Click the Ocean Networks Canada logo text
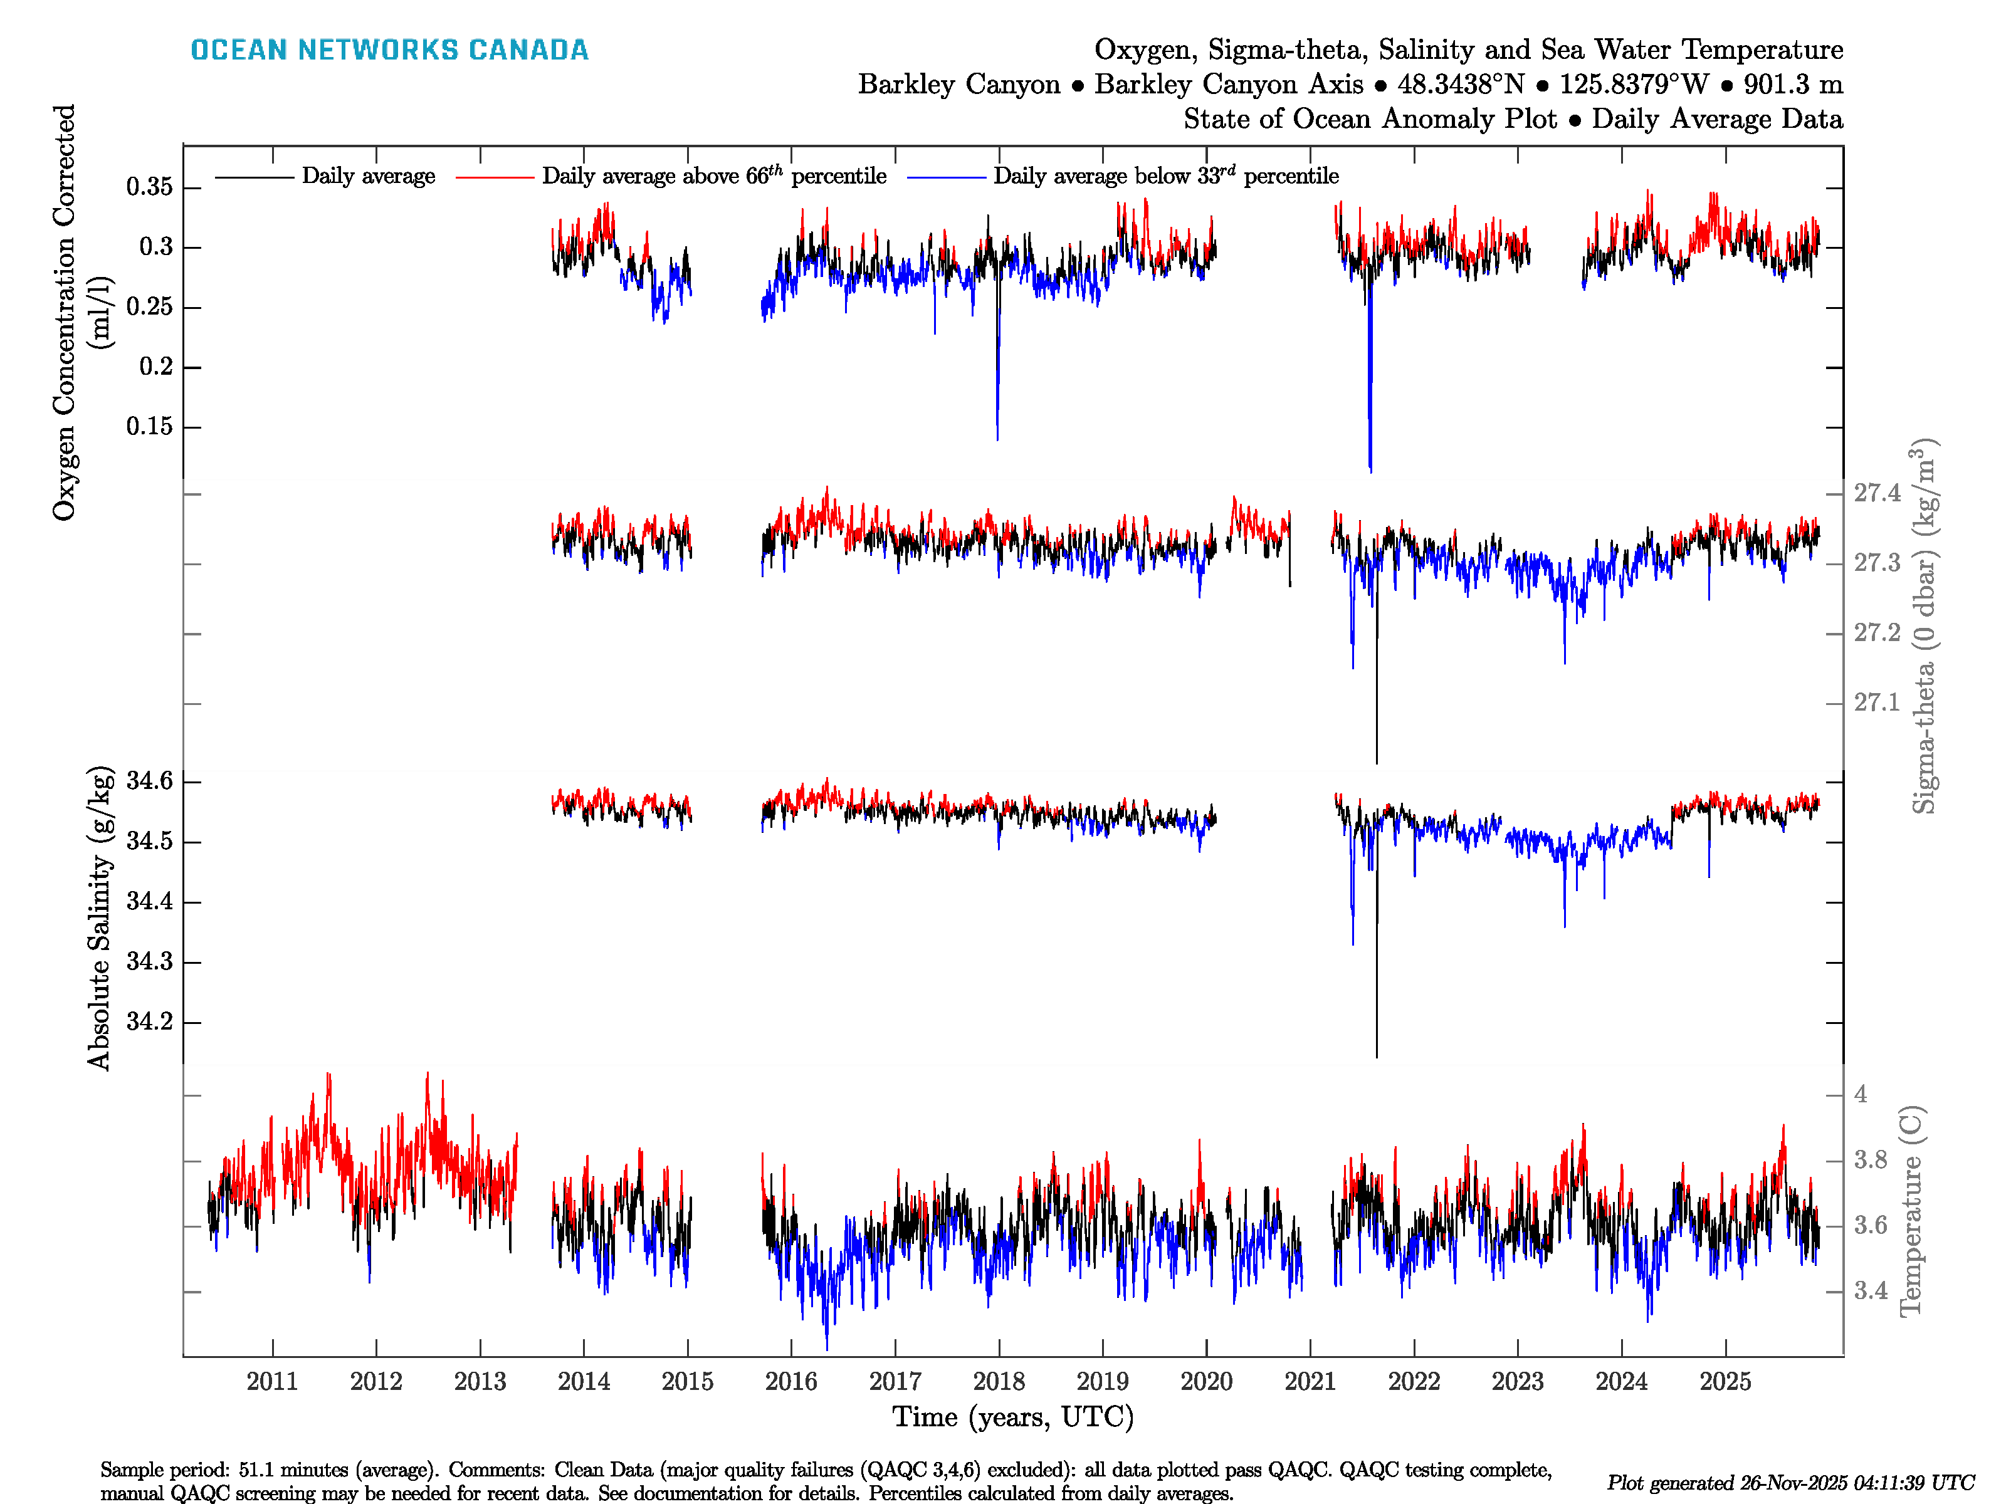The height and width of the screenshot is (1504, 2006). [x=389, y=50]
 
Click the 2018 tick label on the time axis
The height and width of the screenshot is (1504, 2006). [x=999, y=1382]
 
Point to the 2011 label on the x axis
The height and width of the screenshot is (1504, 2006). [x=272, y=1382]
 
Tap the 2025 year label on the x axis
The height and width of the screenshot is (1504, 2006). [x=1725, y=1382]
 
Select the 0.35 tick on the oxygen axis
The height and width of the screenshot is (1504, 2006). [x=150, y=187]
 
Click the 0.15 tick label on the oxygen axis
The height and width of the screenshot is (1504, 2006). [x=150, y=426]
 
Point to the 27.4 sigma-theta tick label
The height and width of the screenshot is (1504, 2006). [x=1876, y=493]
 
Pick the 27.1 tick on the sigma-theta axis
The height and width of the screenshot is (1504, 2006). [x=1876, y=702]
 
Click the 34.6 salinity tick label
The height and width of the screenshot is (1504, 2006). [x=150, y=781]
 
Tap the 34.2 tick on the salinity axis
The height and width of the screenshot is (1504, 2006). [x=150, y=1021]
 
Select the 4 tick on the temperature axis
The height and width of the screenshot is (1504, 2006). [x=1861, y=1094]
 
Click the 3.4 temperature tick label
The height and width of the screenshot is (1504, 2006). [x=1870, y=1291]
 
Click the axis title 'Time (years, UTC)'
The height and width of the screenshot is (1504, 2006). [x=1013, y=1417]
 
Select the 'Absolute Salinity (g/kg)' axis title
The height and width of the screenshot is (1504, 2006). [x=99, y=917]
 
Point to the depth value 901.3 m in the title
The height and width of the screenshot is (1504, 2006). [x=1793, y=85]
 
